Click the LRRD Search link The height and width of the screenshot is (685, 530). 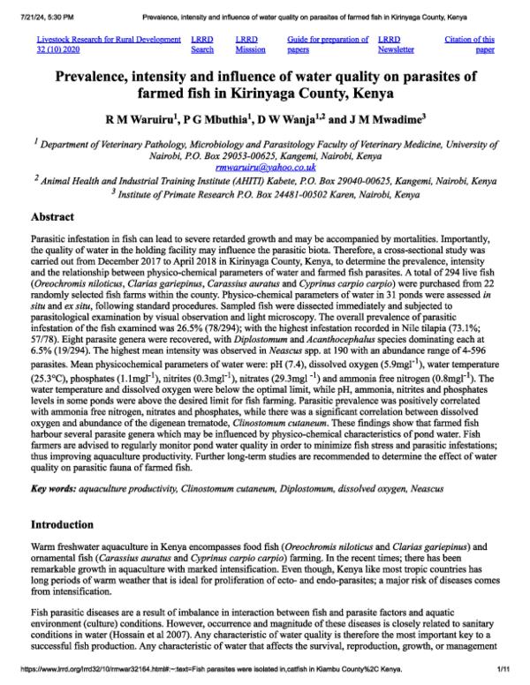tap(202, 44)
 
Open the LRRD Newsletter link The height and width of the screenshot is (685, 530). tap(393, 44)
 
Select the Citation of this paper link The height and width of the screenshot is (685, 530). tap(469, 44)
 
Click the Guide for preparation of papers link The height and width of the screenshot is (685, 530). tap(328, 44)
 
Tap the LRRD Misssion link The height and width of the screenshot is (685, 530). tap(250, 44)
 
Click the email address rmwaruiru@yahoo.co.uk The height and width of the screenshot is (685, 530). tap(264, 167)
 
